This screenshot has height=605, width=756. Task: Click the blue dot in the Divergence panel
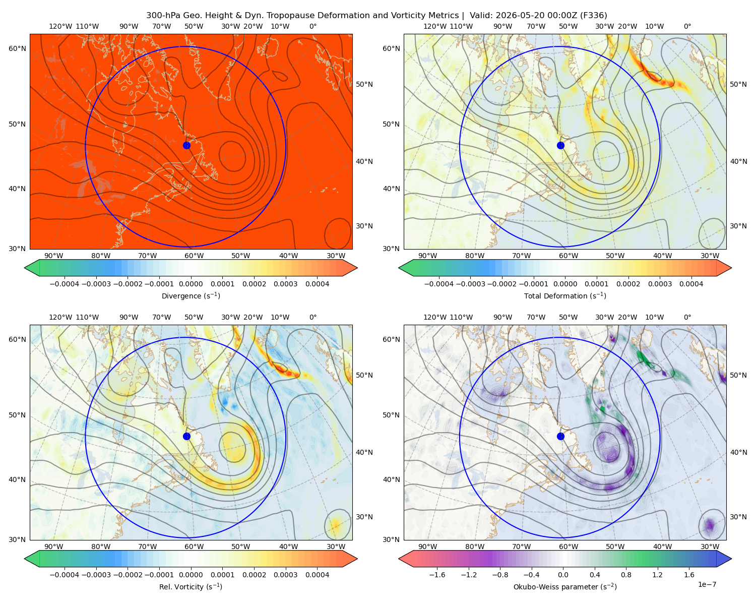click(x=186, y=145)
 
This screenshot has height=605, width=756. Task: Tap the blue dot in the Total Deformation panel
click(x=560, y=145)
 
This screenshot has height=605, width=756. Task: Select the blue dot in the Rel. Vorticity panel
click(x=186, y=436)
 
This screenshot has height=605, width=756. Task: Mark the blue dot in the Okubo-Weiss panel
click(x=560, y=436)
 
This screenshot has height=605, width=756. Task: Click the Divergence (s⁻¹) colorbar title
click(x=191, y=295)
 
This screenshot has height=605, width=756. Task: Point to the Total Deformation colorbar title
click(x=565, y=295)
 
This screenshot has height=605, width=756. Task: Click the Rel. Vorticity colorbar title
click(x=191, y=586)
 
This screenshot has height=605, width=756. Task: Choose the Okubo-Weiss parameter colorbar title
click(x=565, y=586)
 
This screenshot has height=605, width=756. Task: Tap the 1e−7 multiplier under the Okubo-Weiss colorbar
click(x=707, y=584)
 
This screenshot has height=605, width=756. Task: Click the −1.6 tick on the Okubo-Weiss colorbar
click(x=437, y=574)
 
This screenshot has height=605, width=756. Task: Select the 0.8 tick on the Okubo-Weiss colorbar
click(x=626, y=574)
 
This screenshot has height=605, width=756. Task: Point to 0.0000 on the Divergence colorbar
click(x=191, y=284)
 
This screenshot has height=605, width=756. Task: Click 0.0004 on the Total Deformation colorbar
click(x=691, y=284)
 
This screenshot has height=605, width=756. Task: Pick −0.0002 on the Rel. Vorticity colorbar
click(x=128, y=574)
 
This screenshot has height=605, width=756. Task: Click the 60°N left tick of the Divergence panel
click(x=17, y=48)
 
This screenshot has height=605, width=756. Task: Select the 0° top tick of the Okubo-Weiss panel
click(x=687, y=317)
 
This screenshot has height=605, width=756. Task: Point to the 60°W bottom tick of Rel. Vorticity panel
click(x=194, y=547)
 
